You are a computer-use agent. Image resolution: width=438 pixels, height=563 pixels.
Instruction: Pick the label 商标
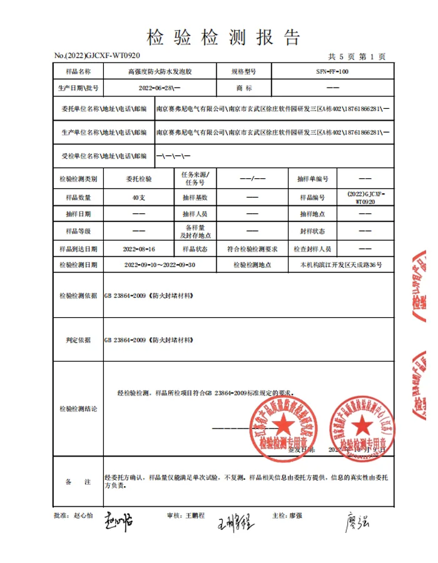(243, 88)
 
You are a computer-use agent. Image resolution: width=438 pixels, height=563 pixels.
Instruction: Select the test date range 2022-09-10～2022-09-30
(160, 265)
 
